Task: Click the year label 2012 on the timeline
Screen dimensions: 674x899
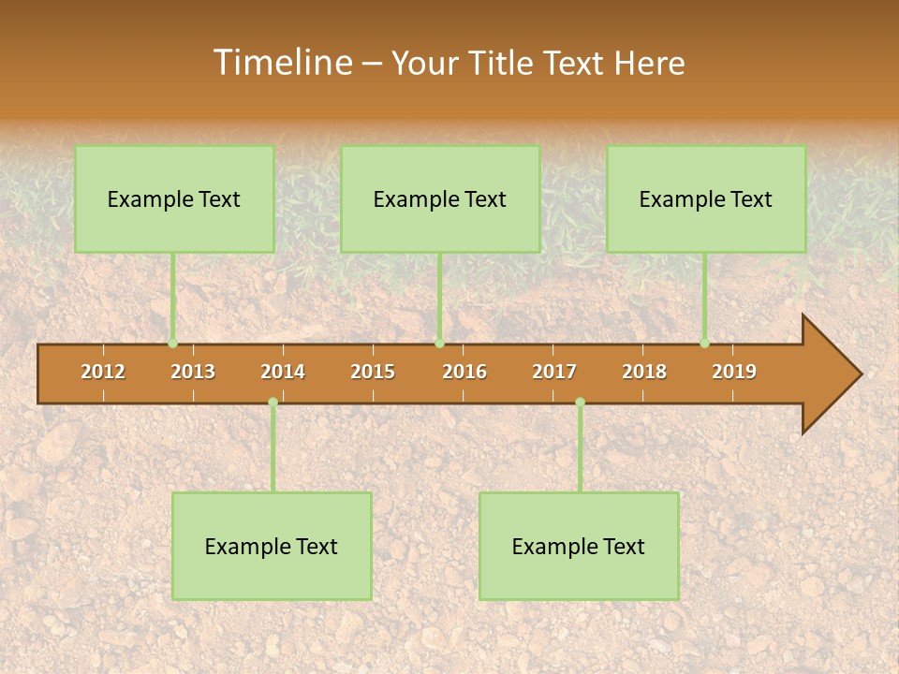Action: click(103, 372)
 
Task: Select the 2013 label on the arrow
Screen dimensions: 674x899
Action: click(193, 372)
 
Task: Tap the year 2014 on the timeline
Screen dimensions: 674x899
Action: click(283, 372)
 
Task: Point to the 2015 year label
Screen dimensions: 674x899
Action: click(373, 372)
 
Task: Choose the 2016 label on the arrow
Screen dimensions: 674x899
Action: click(464, 372)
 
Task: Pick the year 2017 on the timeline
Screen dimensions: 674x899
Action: click(554, 372)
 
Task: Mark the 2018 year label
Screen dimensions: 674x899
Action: click(644, 372)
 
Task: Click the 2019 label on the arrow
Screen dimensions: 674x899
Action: click(734, 372)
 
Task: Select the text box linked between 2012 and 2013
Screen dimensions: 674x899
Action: click(174, 198)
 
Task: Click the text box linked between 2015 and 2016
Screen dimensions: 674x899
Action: click(440, 198)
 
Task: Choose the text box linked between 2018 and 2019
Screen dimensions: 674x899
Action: click(706, 198)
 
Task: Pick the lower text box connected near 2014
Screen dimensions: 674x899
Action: click(272, 546)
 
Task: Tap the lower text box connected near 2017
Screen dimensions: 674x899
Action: click(579, 546)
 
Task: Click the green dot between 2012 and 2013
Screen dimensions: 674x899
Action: click(173, 344)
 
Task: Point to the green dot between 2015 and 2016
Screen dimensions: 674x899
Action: click(439, 344)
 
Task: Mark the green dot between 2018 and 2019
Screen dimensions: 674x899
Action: click(705, 344)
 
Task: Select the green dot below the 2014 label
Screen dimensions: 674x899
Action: click(273, 402)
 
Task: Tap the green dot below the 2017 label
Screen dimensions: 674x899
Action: click(580, 402)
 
